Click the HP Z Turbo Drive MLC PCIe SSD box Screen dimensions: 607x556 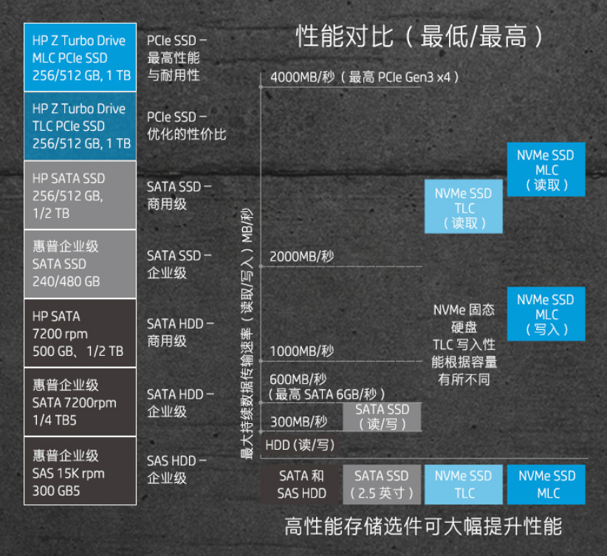[80, 58]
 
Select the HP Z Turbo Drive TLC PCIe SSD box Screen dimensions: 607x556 [80, 126]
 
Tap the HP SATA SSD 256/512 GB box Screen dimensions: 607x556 [80, 195]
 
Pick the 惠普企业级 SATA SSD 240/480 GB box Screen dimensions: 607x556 [80, 264]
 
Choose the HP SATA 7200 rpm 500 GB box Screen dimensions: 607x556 [80, 333]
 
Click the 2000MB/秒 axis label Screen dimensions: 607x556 [302, 256]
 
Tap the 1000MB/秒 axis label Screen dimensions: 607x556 [302, 351]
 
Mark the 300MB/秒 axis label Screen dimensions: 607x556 [298, 422]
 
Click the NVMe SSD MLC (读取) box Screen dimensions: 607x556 [546, 170]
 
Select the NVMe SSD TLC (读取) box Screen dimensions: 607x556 [463, 207]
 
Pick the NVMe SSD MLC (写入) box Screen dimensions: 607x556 [546, 315]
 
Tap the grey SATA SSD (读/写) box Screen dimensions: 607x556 [382, 416]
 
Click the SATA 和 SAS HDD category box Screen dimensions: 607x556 [301, 484]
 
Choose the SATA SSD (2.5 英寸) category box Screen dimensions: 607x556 [382, 484]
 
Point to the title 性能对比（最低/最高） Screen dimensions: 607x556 [420, 35]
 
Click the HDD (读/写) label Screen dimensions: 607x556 [300, 445]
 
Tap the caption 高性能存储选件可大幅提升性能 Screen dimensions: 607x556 [423, 526]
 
